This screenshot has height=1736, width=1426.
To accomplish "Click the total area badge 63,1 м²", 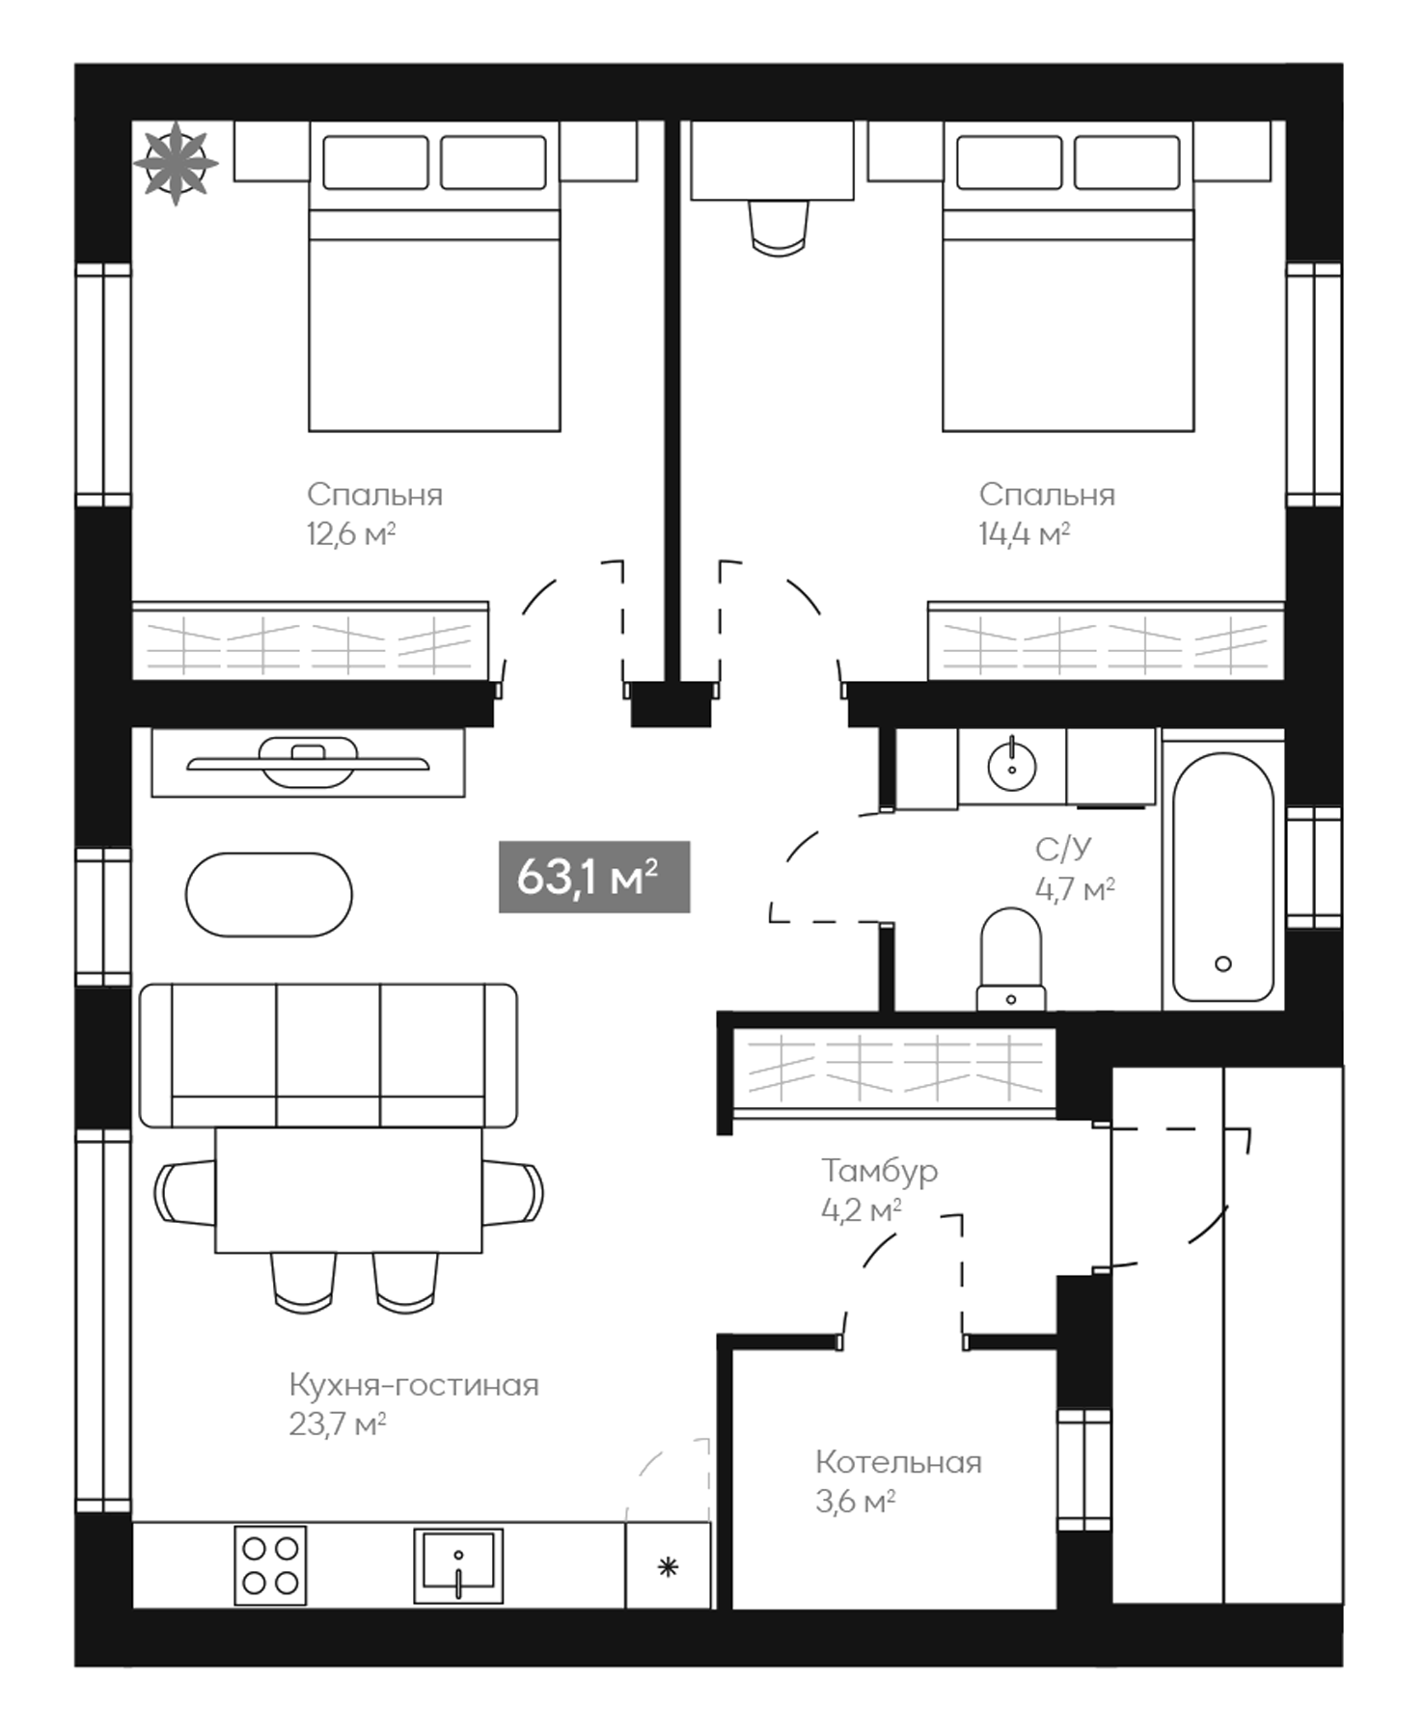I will pyautogui.click(x=593, y=877).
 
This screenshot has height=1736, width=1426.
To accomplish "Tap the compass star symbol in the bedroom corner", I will pyautogui.click(x=176, y=162).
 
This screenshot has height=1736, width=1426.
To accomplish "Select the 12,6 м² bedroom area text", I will pyautogui.click(x=351, y=533).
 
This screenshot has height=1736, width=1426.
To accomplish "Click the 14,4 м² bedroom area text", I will pyautogui.click(x=1024, y=533).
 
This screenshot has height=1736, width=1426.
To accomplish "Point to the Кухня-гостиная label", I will pyautogui.click(x=414, y=1385).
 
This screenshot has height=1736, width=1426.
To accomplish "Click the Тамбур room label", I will pyautogui.click(x=879, y=1171).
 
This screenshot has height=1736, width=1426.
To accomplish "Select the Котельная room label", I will pyautogui.click(x=898, y=1462).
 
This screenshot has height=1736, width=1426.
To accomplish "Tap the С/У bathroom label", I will pyautogui.click(x=1063, y=849).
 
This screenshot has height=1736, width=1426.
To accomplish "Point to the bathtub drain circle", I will pyautogui.click(x=1222, y=963).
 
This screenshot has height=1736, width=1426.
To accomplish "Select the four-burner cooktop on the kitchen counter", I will pyautogui.click(x=270, y=1564).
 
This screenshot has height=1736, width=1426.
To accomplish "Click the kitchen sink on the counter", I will pyautogui.click(x=458, y=1564).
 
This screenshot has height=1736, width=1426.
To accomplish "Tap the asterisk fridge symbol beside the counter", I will pyautogui.click(x=668, y=1567).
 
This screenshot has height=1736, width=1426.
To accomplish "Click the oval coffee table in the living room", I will pyautogui.click(x=269, y=894).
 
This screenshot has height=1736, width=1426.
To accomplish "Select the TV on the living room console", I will pyautogui.click(x=308, y=762).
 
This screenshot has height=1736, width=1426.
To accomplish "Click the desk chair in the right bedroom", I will pyautogui.click(x=778, y=229).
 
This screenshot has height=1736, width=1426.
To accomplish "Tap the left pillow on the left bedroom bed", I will pyautogui.click(x=375, y=162).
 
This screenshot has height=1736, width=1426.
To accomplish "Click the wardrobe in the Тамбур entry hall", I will pyautogui.click(x=894, y=1070).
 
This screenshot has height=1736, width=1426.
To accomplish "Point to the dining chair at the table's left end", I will pyautogui.click(x=183, y=1192).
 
